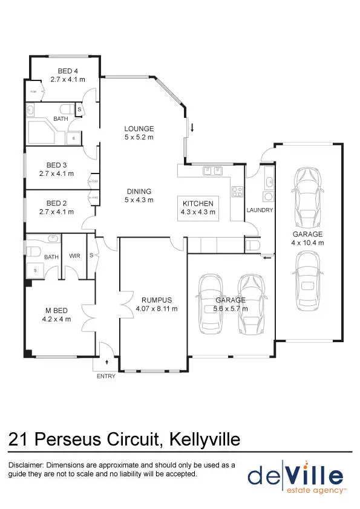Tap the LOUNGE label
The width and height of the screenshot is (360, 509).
coord(139,129)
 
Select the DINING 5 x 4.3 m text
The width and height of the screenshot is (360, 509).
coord(139,195)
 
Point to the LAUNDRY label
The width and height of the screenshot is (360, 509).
coord(260,210)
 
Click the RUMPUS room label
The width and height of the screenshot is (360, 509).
coord(157,300)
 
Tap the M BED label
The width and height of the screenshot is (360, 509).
coord(55,311)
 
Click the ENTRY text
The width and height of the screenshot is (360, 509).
coord(106,376)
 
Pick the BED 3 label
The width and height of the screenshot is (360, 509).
coord(56,165)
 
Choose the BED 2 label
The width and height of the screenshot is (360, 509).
coord(56,203)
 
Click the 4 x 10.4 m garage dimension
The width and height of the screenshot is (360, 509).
coord(308,242)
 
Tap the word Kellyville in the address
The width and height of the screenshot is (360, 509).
coord(203,439)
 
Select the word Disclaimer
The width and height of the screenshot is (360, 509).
coord(26,465)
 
